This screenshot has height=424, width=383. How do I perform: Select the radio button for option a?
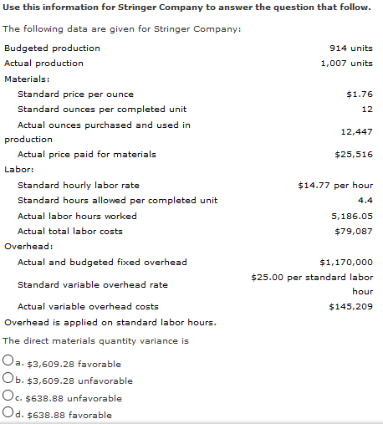(8, 364)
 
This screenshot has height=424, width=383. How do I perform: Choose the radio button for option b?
(8, 381)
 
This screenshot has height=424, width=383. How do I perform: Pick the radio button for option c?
(8, 397)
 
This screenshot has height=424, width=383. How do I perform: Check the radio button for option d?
(8, 413)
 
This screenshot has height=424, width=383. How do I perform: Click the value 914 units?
(352, 49)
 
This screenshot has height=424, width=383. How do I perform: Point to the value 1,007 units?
(346, 64)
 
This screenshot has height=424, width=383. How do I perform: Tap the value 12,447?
(357, 132)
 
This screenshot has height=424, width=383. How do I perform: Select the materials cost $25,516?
(353, 155)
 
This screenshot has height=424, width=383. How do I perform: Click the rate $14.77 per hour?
(334, 185)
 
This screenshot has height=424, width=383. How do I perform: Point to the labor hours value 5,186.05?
(351, 216)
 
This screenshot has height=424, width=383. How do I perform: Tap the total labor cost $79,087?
(353, 231)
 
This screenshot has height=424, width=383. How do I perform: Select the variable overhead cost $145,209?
(350, 307)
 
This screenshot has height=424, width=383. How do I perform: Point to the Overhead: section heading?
(28, 247)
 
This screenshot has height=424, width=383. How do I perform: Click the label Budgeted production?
(52, 49)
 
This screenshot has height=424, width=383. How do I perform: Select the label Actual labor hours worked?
(77, 216)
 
